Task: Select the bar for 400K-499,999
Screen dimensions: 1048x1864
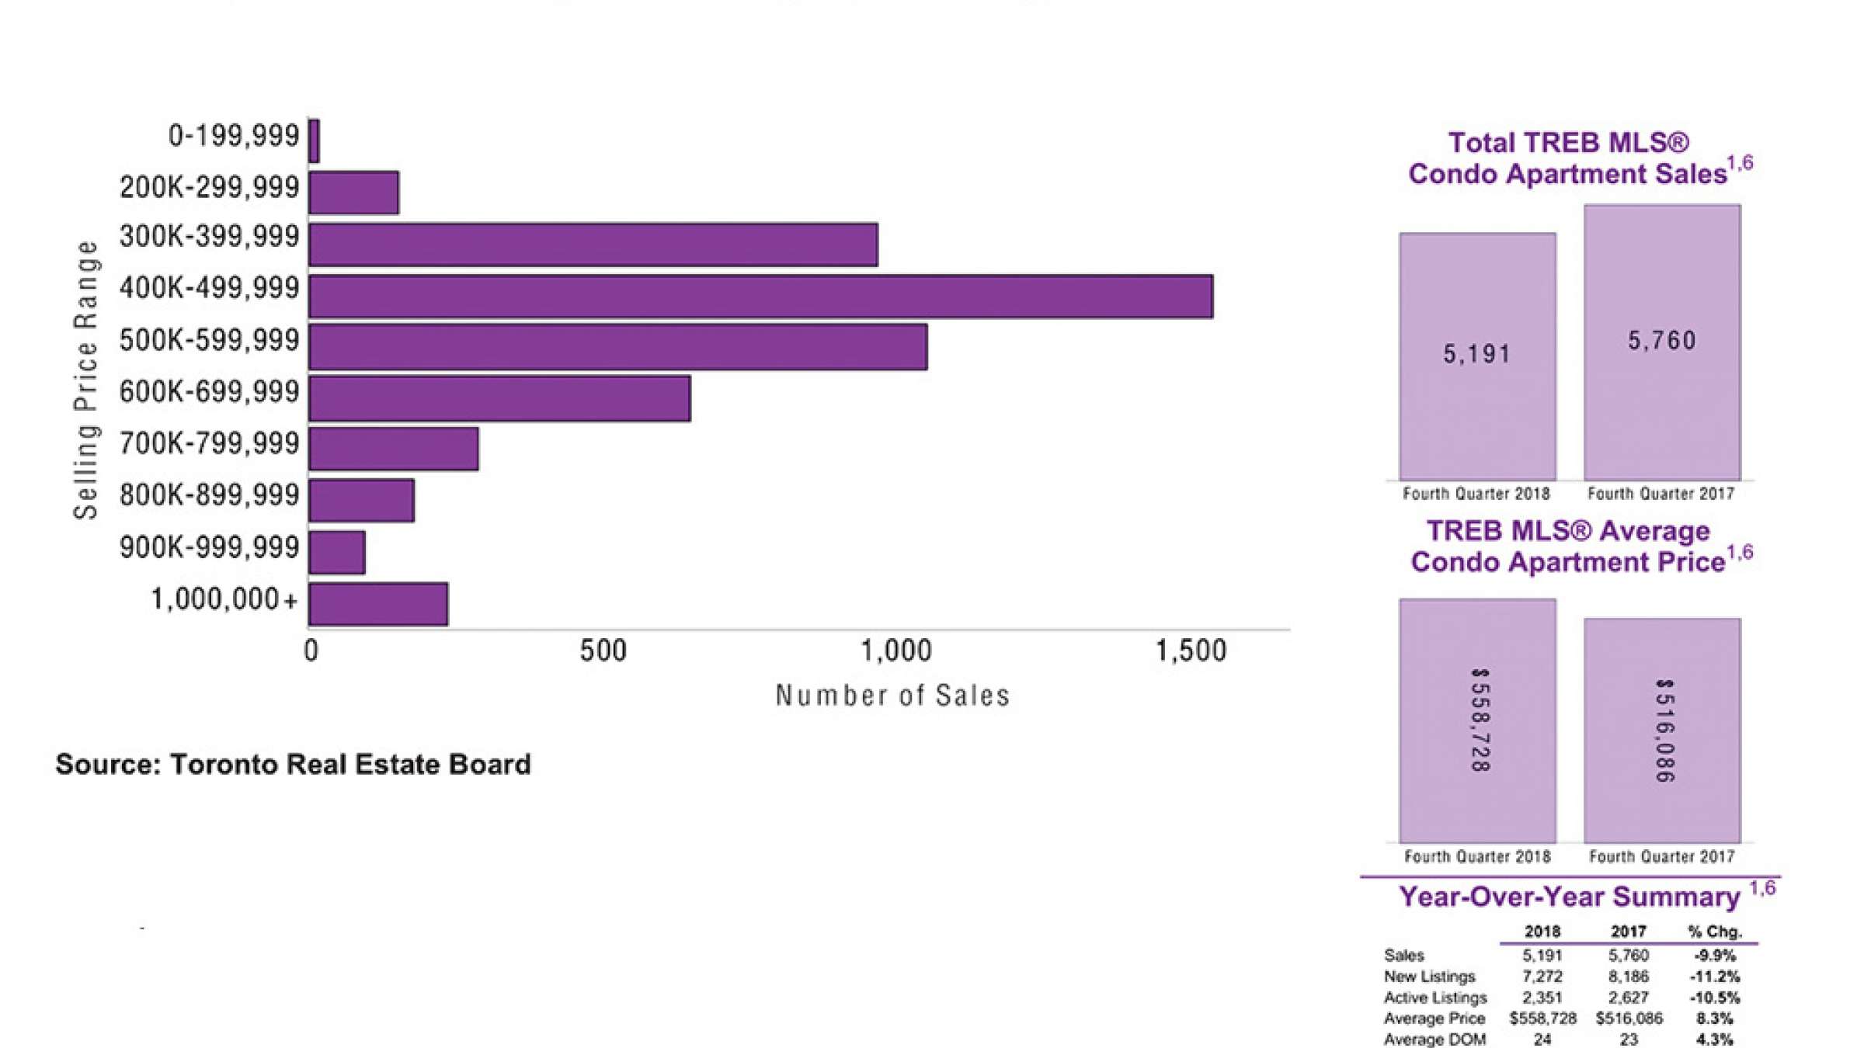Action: click(760, 297)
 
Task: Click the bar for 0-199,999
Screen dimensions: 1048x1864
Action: click(314, 141)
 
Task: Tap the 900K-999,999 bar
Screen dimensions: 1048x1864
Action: click(337, 553)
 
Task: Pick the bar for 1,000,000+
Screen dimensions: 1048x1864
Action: click(378, 604)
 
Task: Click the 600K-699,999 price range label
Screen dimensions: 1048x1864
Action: click(209, 392)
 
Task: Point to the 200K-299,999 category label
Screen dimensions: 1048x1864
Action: click(209, 187)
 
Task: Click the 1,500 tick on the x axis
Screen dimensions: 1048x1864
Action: click(1191, 651)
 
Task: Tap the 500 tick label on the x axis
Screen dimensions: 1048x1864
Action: click(603, 651)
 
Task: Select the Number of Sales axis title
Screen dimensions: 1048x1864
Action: click(892, 696)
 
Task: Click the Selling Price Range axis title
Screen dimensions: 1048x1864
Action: click(86, 379)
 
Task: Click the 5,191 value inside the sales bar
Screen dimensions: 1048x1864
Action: click(1476, 355)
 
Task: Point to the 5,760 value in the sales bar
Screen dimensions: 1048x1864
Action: click(1661, 341)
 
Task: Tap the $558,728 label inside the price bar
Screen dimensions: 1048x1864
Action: click(1480, 720)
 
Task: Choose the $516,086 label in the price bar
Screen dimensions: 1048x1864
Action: click(1664, 730)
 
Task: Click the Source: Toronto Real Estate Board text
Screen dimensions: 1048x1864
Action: click(293, 765)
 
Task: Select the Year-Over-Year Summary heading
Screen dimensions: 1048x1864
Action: click(1569, 897)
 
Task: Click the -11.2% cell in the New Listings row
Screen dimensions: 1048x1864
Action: click(1714, 977)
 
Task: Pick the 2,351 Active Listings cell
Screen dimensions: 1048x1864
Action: click(1542, 998)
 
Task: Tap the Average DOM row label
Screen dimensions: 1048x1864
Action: click(1434, 1039)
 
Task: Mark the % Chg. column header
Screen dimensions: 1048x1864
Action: click(1715, 932)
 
